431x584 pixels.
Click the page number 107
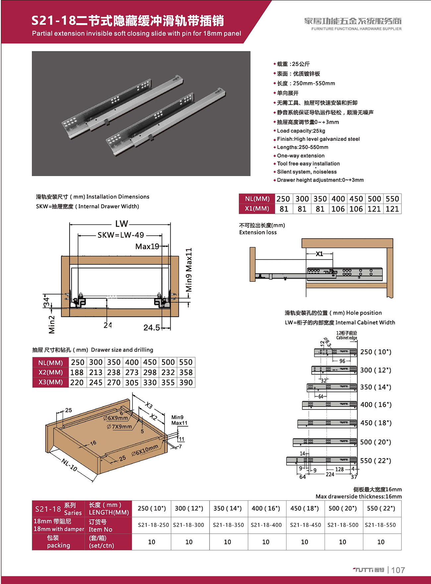(398, 570)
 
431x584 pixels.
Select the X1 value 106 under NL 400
(338, 209)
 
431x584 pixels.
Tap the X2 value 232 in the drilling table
(168, 372)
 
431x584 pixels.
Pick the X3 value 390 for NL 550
(186, 382)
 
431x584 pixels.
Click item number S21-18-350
(228, 525)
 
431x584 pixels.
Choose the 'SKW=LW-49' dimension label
(121, 235)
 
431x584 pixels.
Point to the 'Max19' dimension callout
(147, 246)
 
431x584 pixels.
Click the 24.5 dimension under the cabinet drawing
(152, 328)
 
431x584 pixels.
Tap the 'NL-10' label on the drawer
(70, 465)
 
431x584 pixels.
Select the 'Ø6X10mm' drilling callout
(145, 451)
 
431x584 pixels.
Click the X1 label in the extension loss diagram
(319, 254)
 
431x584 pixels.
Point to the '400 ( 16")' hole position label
(376, 405)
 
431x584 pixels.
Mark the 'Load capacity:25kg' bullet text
(301, 131)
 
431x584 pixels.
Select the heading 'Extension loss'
(258, 232)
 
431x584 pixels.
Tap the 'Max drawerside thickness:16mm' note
(358, 496)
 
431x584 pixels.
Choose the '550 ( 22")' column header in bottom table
(381, 509)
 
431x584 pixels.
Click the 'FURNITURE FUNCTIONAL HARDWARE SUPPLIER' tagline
(356, 29)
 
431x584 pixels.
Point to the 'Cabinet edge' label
(346, 338)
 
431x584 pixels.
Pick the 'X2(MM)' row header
(50, 372)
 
